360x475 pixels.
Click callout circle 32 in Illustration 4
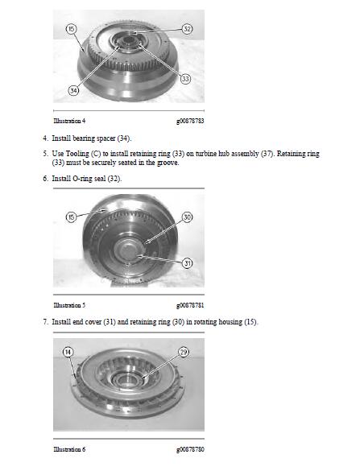[187, 29]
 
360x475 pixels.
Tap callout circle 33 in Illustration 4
[185, 79]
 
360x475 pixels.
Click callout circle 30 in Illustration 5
[187, 217]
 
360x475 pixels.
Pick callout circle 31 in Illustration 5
[187, 263]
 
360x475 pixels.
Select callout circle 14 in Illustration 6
[68, 352]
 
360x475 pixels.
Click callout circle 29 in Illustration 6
[184, 352]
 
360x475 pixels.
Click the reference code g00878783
[190, 120]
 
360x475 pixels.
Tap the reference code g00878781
[190, 306]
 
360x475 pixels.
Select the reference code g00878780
[190, 448]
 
